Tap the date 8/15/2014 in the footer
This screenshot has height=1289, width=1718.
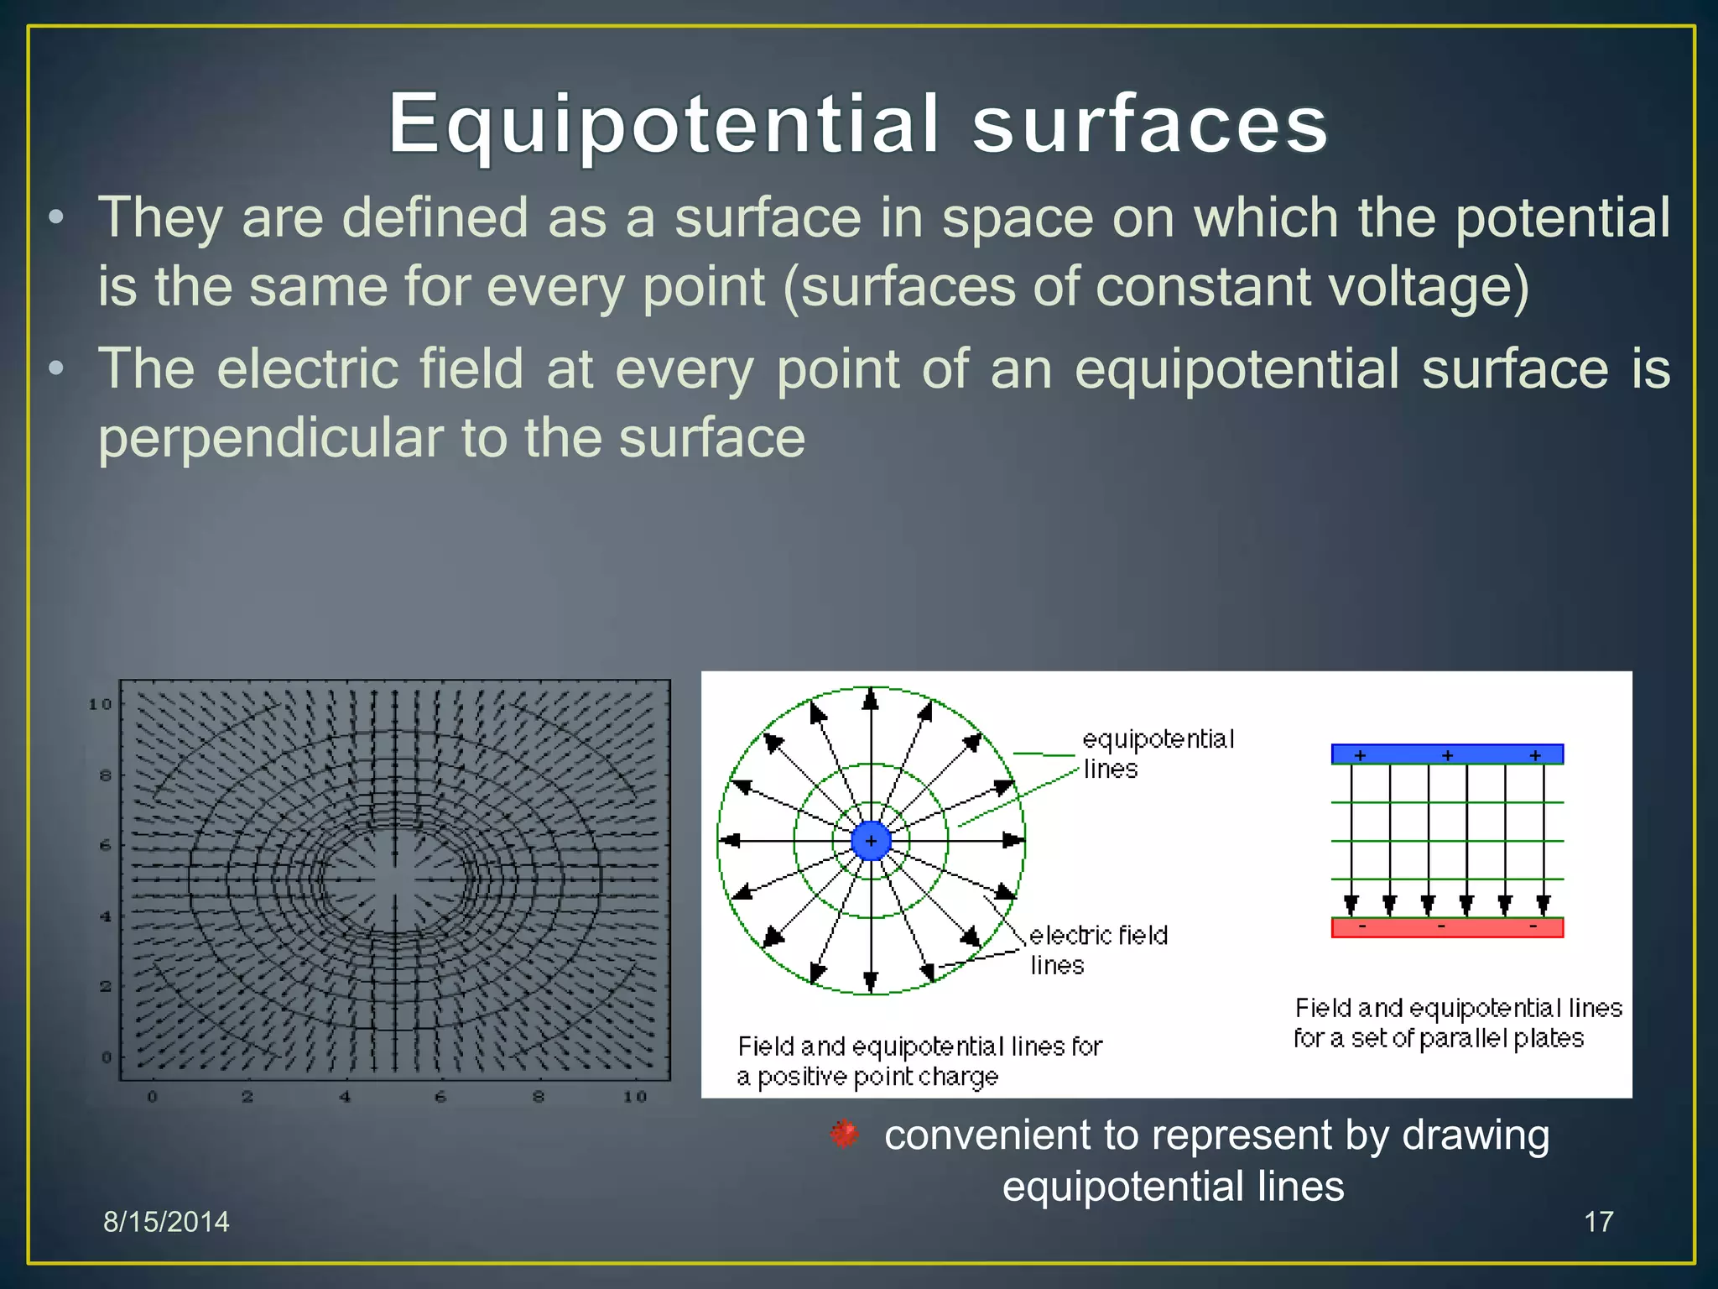click(x=166, y=1222)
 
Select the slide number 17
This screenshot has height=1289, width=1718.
click(x=1598, y=1222)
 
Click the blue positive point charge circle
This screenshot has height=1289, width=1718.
click(x=871, y=841)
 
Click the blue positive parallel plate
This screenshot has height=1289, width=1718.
click(x=1447, y=754)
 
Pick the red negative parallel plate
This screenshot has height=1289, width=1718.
click(x=1447, y=928)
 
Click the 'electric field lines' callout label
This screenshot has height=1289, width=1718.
click(x=1097, y=950)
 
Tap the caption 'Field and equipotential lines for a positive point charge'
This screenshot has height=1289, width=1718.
click(x=919, y=1061)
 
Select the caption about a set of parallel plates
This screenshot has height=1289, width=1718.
click(x=1457, y=1022)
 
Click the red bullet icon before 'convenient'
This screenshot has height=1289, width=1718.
click(x=844, y=1134)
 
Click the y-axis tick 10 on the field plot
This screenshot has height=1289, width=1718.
click(x=100, y=704)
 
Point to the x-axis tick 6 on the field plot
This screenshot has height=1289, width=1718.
click(x=440, y=1097)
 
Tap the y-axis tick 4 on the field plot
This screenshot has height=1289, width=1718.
click(x=106, y=916)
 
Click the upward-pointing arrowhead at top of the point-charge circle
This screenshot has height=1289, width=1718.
click(x=871, y=699)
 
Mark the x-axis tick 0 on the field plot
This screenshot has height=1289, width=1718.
click(x=152, y=1097)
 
